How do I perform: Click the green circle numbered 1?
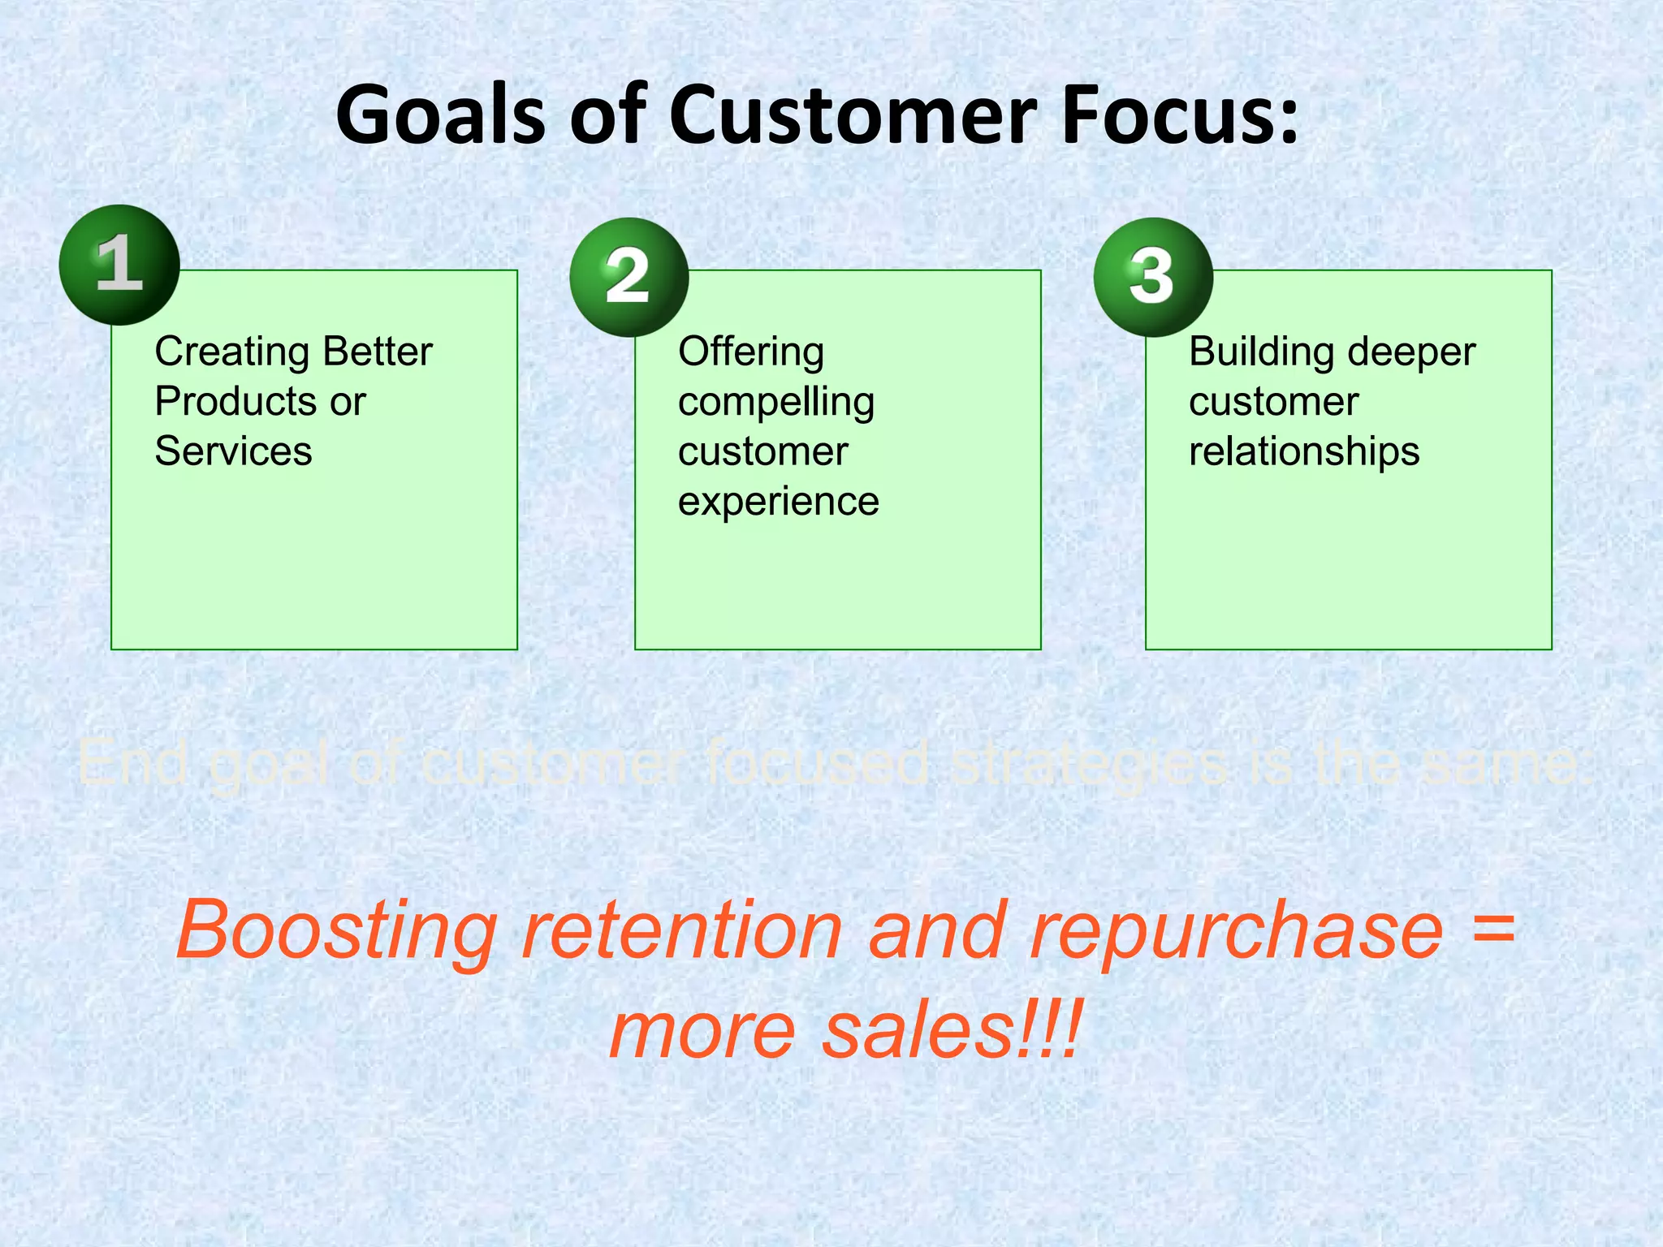tap(119, 265)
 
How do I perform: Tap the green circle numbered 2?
tap(628, 278)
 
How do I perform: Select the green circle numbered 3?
tap(1152, 278)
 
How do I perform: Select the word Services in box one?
tap(233, 451)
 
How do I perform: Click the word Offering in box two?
tap(751, 352)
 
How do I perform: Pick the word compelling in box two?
tap(776, 403)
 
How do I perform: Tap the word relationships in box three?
tap(1304, 451)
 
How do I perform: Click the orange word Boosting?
tap(336, 931)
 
